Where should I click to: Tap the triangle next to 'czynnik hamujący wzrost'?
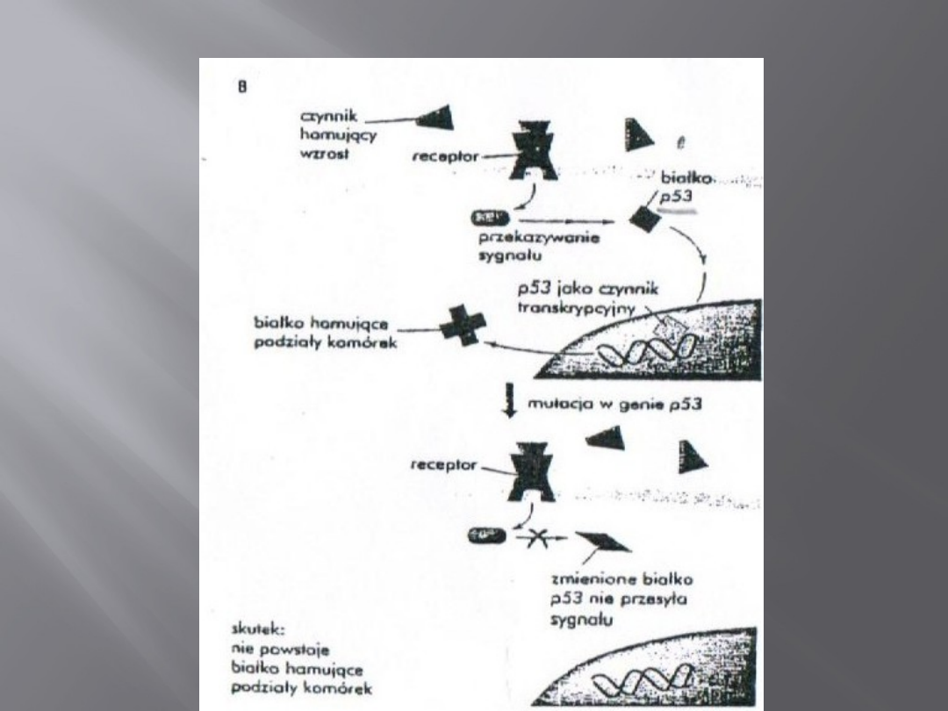pos(434,118)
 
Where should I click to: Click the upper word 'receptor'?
pos(447,156)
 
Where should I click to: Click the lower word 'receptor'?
pos(447,464)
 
